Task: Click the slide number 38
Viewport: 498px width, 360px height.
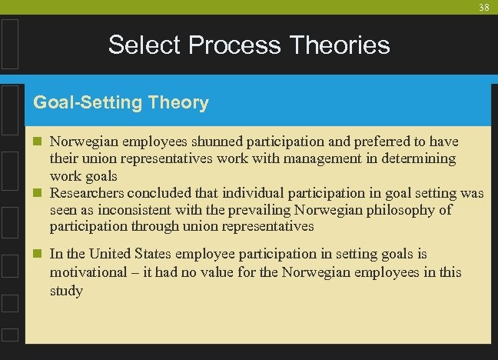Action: click(x=483, y=8)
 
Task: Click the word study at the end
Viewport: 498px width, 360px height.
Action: click(x=66, y=291)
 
